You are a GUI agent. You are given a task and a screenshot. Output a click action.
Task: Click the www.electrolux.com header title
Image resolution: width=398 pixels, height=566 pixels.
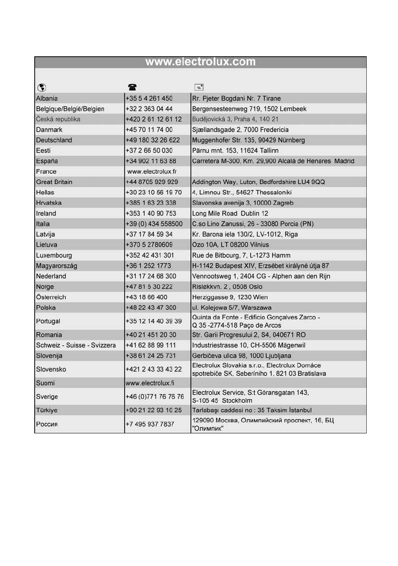point(200,62)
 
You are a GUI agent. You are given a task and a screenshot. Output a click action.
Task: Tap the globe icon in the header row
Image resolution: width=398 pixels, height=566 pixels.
point(41,87)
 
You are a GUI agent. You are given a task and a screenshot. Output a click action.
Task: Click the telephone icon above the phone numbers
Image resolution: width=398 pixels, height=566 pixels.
point(131,87)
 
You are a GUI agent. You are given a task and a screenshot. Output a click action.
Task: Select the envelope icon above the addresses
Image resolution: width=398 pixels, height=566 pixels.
point(199,87)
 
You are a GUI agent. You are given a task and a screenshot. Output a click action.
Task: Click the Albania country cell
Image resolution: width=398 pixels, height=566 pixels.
point(47,98)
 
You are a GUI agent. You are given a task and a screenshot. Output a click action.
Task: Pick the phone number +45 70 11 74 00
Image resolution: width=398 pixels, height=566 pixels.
point(149,130)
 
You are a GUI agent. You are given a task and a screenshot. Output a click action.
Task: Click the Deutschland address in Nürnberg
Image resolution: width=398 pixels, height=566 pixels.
point(248,140)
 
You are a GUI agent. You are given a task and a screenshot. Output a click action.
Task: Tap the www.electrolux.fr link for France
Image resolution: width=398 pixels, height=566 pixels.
point(152,172)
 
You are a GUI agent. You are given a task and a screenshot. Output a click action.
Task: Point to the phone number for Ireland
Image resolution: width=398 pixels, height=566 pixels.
point(150,213)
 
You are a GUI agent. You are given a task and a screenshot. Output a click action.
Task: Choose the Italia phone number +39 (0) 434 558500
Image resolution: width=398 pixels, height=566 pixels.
point(154,224)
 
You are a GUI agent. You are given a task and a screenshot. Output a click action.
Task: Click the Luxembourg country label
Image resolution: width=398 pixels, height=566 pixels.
point(54,255)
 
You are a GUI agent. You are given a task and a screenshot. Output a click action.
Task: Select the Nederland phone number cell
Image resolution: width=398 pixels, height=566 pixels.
point(150,276)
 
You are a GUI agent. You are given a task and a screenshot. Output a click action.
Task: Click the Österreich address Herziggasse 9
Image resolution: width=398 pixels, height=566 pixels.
point(230,297)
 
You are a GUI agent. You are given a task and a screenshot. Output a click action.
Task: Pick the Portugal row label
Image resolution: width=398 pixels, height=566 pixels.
point(48,321)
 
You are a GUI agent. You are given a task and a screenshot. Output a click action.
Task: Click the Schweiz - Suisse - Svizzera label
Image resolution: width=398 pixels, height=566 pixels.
point(76,345)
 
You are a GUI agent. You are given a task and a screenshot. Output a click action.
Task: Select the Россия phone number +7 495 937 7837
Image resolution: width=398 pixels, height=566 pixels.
point(149,424)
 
